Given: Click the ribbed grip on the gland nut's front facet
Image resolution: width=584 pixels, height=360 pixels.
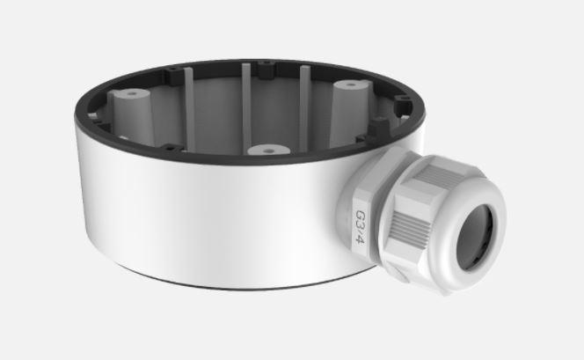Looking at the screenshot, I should tap(413, 234).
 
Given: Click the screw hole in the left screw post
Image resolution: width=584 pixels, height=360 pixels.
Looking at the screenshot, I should tap(132, 92).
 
